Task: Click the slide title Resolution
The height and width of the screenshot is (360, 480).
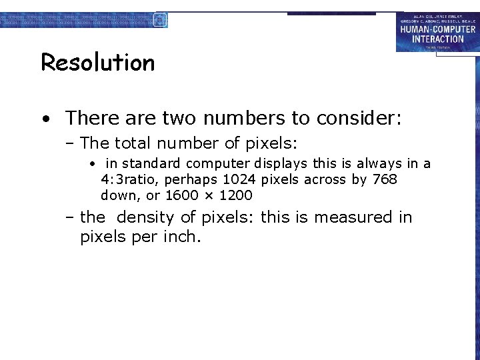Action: (x=98, y=63)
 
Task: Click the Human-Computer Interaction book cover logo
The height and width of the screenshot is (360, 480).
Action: (x=437, y=31)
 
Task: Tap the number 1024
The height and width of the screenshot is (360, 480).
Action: (x=239, y=179)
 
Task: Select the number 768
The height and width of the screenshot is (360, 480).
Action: (x=384, y=179)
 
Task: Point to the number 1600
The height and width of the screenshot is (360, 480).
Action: (x=182, y=195)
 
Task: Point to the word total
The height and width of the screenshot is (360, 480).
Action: (x=133, y=143)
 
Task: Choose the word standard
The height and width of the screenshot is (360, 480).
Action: (x=152, y=163)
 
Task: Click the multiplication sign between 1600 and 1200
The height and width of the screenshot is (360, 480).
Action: (x=207, y=196)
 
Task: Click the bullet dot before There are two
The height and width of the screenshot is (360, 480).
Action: (x=45, y=119)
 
